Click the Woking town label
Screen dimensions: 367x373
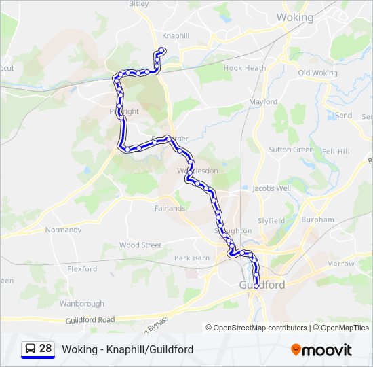[x=295, y=18]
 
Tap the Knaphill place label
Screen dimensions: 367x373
[x=176, y=35]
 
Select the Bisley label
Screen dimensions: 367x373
[x=138, y=3]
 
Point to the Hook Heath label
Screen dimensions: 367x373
[x=245, y=68]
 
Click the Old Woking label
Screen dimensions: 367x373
[x=317, y=73]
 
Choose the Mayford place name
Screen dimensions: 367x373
[x=263, y=102]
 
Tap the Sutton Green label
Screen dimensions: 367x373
[x=291, y=150]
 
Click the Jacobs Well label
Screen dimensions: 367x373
[x=271, y=188]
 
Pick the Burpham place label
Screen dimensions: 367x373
[x=317, y=220]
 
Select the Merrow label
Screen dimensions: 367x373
[x=340, y=264]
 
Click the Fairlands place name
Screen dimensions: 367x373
[x=169, y=208]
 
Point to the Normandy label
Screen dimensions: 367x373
[x=63, y=230]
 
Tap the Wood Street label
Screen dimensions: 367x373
[x=140, y=245]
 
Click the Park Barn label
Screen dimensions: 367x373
[x=192, y=258]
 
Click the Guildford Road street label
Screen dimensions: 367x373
[x=90, y=319]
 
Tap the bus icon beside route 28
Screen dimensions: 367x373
[x=30, y=349]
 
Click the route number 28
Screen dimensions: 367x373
[x=45, y=349]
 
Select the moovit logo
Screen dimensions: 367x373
[x=321, y=350]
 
